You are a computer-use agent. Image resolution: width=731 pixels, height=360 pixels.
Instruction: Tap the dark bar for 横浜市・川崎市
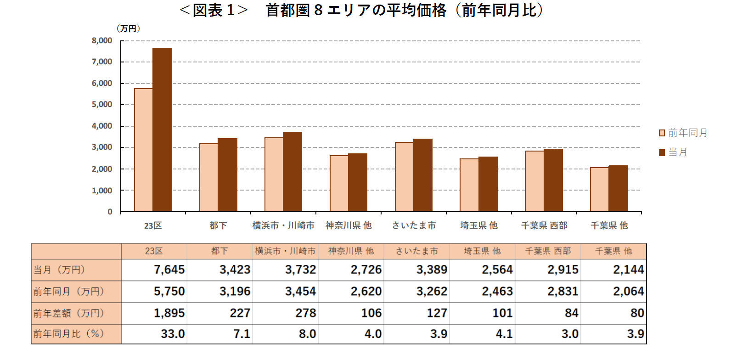point(292,172)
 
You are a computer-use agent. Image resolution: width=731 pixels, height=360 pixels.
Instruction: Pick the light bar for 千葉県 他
point(600,190)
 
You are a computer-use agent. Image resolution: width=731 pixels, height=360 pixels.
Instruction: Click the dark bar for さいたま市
point(423,175)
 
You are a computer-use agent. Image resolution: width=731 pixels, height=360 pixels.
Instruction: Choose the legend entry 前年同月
point(683,133)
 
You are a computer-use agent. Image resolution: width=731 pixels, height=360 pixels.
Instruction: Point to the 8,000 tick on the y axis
point(102,41)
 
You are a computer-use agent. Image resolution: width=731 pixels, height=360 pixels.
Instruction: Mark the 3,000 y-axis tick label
point(102,147)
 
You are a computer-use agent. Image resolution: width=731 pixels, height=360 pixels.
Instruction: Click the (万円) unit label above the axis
point(128,29)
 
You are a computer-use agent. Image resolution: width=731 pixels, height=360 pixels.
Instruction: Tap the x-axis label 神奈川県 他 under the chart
point(349,225)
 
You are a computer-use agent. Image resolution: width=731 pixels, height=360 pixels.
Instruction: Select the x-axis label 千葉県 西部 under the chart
point(544,225)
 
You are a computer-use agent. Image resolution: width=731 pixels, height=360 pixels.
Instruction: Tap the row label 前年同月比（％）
point(69,334)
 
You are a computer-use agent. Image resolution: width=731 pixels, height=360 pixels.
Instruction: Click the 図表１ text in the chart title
point(214,10)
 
